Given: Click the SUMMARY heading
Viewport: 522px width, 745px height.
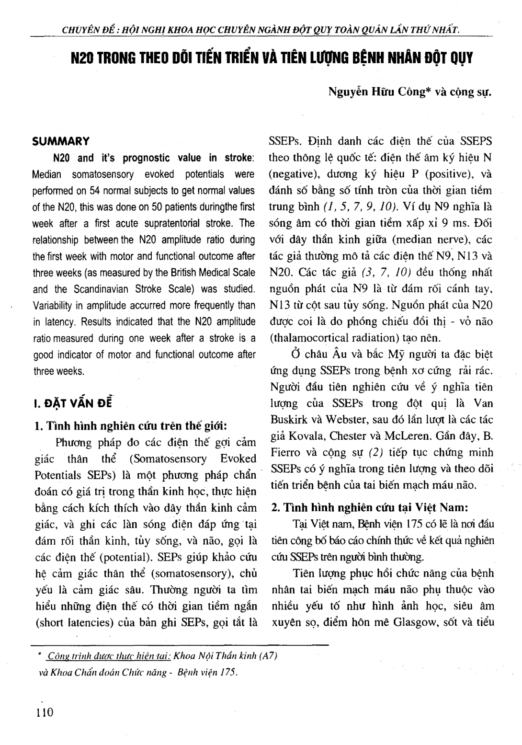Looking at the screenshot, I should point(60,141).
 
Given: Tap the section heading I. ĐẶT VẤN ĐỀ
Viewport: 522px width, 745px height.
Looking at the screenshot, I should point(71,402).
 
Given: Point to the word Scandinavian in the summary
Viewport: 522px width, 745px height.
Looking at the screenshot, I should point(103,289).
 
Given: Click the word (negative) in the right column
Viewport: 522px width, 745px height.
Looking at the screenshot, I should point(292,174).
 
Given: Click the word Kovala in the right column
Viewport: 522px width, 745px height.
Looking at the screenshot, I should point(306,436).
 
